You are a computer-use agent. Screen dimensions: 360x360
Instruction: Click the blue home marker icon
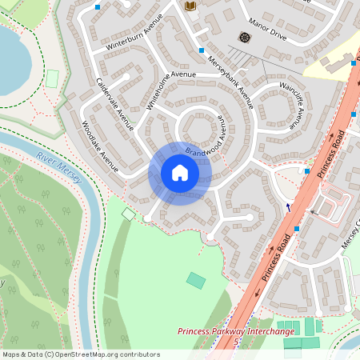click(x=180, y=173)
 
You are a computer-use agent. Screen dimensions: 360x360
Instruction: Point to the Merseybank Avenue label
click(x=230, y=81)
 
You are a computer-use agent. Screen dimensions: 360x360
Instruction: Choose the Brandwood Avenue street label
click(x=206, y=141)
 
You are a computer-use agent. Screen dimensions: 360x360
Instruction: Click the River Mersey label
click(x=58, y=166)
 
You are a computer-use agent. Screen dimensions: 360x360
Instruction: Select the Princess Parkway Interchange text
click(x=236, y=331)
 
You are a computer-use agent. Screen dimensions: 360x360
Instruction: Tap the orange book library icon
click(x=190, y=6)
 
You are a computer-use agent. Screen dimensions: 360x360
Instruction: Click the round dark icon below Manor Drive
click(x=244, y=37)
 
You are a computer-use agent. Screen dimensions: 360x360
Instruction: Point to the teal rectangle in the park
click(x=195, y=280)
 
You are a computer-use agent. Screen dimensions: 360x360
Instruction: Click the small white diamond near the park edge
click(x=128, y=214)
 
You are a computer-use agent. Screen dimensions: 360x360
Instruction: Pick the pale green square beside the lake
click(x=53, y=78)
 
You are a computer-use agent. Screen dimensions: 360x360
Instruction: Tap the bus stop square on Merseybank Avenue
click(x=202, y=50)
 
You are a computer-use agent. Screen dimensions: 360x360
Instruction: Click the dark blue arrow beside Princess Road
click(x=288, y=206)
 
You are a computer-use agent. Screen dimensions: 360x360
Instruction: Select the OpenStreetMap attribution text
click(x=81, y=354)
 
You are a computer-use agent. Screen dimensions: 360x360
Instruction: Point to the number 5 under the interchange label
click(x=236, y=342)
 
